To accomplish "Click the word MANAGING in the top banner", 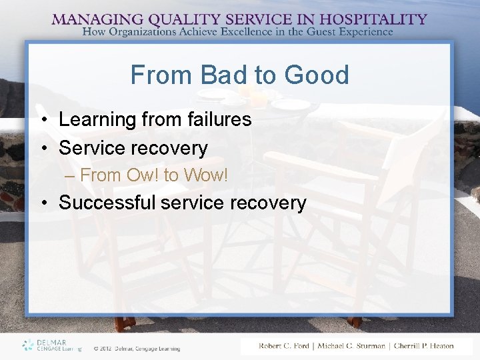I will (x=91, y=19).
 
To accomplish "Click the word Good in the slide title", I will (x=316, y=75).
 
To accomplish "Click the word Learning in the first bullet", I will (x=98, y=119).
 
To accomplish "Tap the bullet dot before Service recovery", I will (x=42, y=148).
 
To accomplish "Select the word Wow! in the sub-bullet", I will (x=205, y=175).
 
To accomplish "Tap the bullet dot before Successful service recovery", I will (x=42, y=203).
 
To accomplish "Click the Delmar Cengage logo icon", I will (x=27, y=345).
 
